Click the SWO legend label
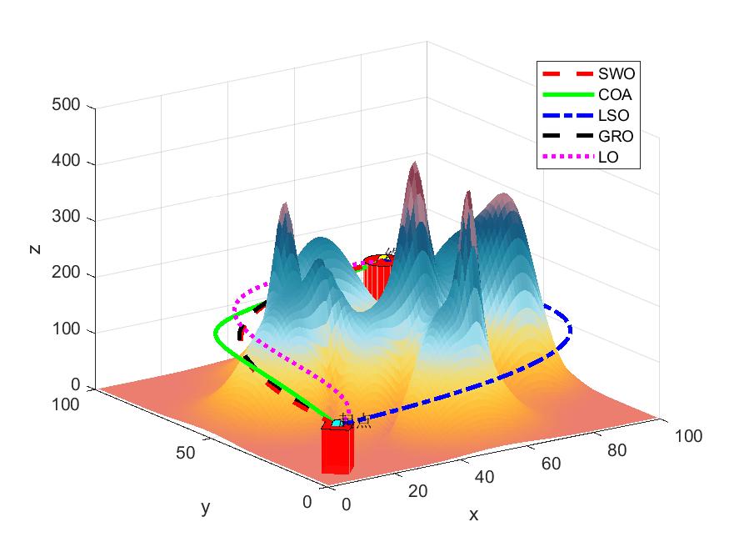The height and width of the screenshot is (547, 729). [612, 73]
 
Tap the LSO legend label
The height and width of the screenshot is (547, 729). [611, 115]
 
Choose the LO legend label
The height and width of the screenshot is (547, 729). [607, 157]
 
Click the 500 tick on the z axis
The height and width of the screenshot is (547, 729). [69, 106]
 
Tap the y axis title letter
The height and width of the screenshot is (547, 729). [205, 507]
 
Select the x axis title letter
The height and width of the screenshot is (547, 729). [473, 514]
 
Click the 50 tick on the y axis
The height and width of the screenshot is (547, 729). [185, 453]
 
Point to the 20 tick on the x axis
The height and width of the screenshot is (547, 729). [417, 491]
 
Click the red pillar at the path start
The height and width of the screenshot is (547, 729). [337, 450]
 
